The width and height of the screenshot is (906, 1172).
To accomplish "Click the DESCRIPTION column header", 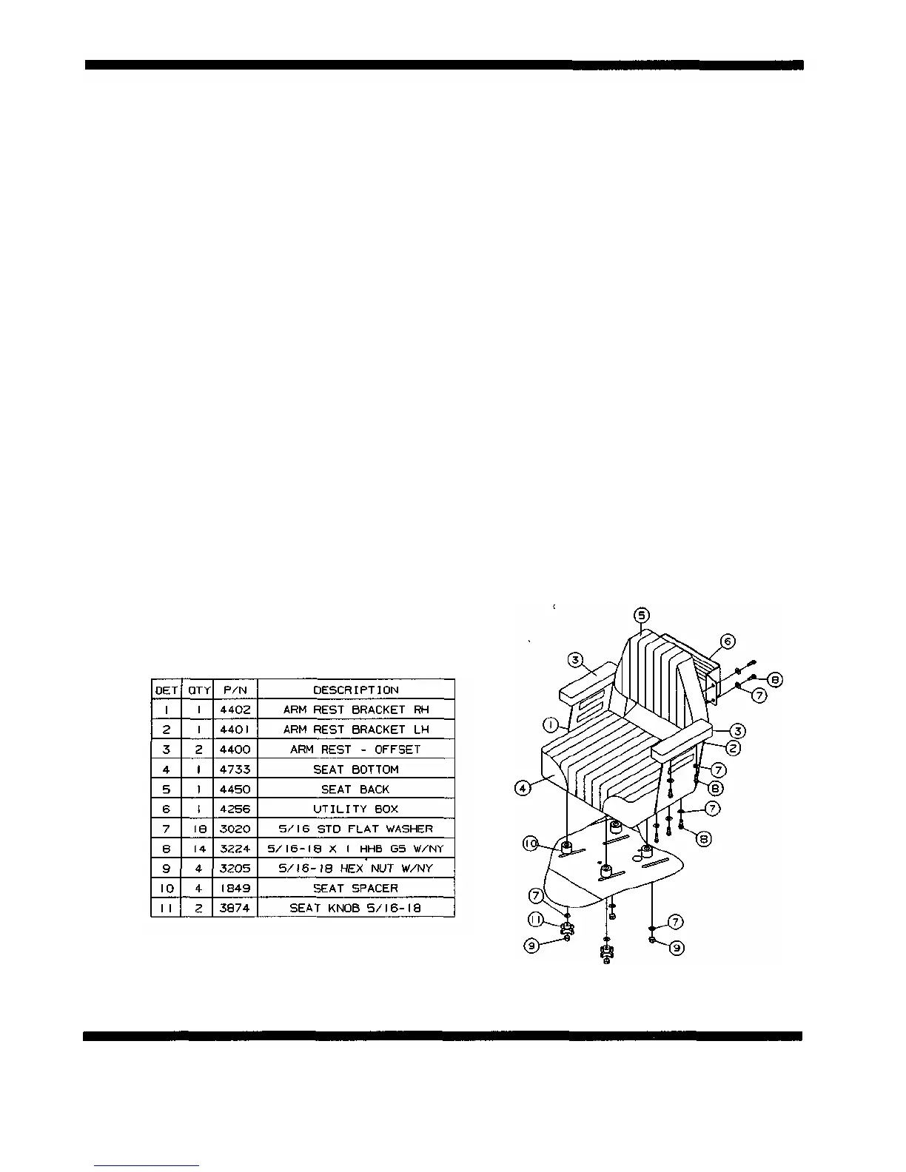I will pyautogui.click(x=355, y=690).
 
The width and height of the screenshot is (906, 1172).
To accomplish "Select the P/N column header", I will pyautogui.click(x=235, y=690).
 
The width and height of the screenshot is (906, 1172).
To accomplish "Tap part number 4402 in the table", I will pyautogui.click(x=235, y=710).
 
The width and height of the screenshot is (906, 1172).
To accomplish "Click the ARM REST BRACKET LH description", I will pyautogui.click(x=355, y=730).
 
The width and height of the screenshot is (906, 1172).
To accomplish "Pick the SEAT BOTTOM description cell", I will pyautogui.click(x=355, y=769).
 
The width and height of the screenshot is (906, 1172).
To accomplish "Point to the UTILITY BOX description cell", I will pyautogui.click(x=355, y=809).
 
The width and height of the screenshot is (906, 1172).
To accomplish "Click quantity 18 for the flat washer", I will pyautogui.click(x=197, y=829).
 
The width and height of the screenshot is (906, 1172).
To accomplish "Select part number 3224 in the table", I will pyautogui.click(x=235, y=849).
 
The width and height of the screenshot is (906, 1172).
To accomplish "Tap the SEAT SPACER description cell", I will pyautogui.click(x=355, y=889).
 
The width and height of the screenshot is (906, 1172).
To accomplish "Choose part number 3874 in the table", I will pyautogui.click(x=235, y=909).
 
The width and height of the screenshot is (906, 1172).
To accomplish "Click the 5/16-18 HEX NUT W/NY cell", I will pyautogui.click(x=355, y=869).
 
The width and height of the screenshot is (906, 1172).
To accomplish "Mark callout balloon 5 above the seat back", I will pyautogui.click(x=641, y=615).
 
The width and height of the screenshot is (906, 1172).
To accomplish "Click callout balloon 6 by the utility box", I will pyautogui.click(x=728, y=641).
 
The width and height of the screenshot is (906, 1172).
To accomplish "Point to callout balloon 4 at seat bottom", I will pyautogui.click(x=523, y=788).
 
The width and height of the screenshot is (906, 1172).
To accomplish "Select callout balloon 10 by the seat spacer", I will pyautogui.click(x=531, y=843).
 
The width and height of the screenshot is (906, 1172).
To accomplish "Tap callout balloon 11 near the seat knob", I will pyautogui.click(x=537, y=919).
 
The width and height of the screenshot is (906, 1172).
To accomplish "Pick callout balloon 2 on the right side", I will pyautogui.click(x=732, y=748).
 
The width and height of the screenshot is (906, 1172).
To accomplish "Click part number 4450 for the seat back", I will pyautogui.click(x=235, y=789).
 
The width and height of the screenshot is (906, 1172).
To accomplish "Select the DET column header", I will pyautogui.click(x=166, y=690).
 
